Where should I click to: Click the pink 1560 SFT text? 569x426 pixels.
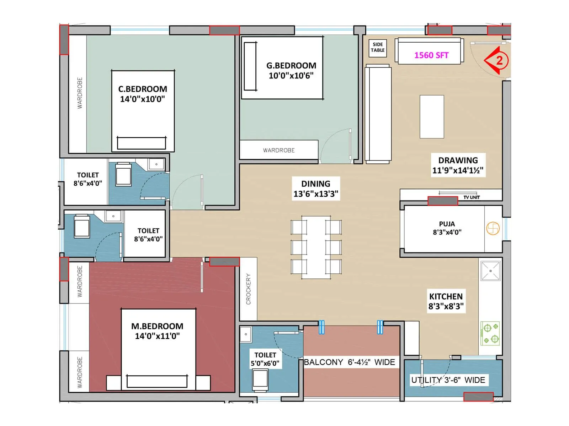[x=431, y=55]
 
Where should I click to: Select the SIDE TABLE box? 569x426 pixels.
[x=378, y=48]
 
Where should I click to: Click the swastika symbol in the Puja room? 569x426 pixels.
[x=493, y=228]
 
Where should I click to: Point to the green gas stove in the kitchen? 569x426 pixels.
[x=490, y=333]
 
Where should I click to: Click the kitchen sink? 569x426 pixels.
[x=490, y=271]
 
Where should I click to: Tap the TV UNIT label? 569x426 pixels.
[x=471, y=197]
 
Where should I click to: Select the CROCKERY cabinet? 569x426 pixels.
[x=248, y=289]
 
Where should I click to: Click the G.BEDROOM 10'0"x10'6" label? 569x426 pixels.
[x=291, y=70]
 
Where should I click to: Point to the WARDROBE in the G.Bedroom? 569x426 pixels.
[x=279, y=150]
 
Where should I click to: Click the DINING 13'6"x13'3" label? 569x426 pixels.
[x=316, y=189]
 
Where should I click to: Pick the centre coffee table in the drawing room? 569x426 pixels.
[x=432, y=116]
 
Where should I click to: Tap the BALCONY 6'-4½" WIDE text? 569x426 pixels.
[x=349, y=362]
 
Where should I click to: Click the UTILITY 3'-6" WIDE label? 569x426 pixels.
[x=448, y=380]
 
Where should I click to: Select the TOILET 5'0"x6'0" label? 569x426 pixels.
[x=265, y=359]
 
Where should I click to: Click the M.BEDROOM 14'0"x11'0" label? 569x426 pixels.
[x=157, y=331]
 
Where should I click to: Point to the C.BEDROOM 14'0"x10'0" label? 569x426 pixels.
[x=143, y=94]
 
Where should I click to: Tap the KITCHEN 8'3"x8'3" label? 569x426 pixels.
[x=446, y=301]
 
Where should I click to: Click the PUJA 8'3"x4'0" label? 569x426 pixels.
[x=447, y=228]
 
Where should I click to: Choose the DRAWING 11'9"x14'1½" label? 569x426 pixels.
[x=458, y=165]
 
